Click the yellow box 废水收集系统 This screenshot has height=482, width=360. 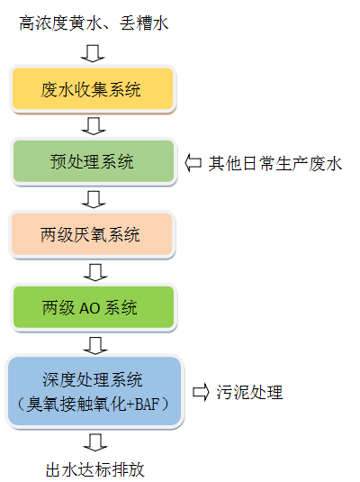93,89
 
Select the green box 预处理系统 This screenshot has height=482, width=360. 94,161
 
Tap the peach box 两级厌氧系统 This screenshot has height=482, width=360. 92,234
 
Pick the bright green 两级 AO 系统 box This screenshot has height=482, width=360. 94,307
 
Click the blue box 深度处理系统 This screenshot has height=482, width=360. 94,391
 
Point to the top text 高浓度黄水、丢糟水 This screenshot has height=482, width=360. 94,23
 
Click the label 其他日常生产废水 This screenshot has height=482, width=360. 275,163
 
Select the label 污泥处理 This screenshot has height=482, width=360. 249,392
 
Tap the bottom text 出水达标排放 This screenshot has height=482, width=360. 94,469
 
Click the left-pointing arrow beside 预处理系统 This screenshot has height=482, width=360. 193,163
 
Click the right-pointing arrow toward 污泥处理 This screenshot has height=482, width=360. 201,392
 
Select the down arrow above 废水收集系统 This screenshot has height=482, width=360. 93,53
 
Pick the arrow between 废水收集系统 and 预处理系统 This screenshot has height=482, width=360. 94,126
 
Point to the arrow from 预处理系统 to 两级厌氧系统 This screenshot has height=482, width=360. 94,199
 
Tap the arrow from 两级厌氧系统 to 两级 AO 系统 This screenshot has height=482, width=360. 95,272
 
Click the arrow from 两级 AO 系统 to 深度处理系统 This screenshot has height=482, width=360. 95,346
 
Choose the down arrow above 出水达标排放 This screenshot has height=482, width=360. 95,442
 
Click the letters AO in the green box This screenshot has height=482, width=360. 89,308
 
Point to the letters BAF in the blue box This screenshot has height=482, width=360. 147,404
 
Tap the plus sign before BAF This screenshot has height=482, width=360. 130,405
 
